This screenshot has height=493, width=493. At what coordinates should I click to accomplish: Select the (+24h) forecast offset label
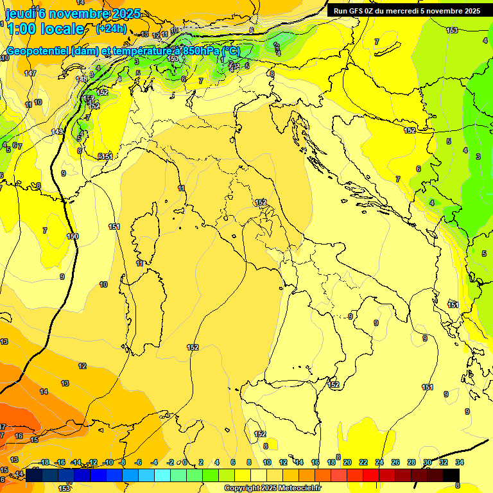[110, 29]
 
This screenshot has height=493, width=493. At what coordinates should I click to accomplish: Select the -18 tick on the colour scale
[44, 462]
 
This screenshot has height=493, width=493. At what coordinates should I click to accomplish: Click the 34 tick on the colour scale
[460, 462]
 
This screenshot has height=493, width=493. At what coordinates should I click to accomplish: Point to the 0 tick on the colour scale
[185, 462]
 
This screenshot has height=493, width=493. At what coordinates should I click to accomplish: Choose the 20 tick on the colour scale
[347, 462]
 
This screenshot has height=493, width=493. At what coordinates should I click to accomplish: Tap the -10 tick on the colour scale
[108, 462]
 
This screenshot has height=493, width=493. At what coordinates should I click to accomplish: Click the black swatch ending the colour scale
[452, 474]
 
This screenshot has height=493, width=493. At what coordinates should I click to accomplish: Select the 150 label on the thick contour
[73, 236]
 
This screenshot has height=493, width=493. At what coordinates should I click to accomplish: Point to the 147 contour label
[30, 74]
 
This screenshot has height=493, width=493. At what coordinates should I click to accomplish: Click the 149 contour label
[57, 132]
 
